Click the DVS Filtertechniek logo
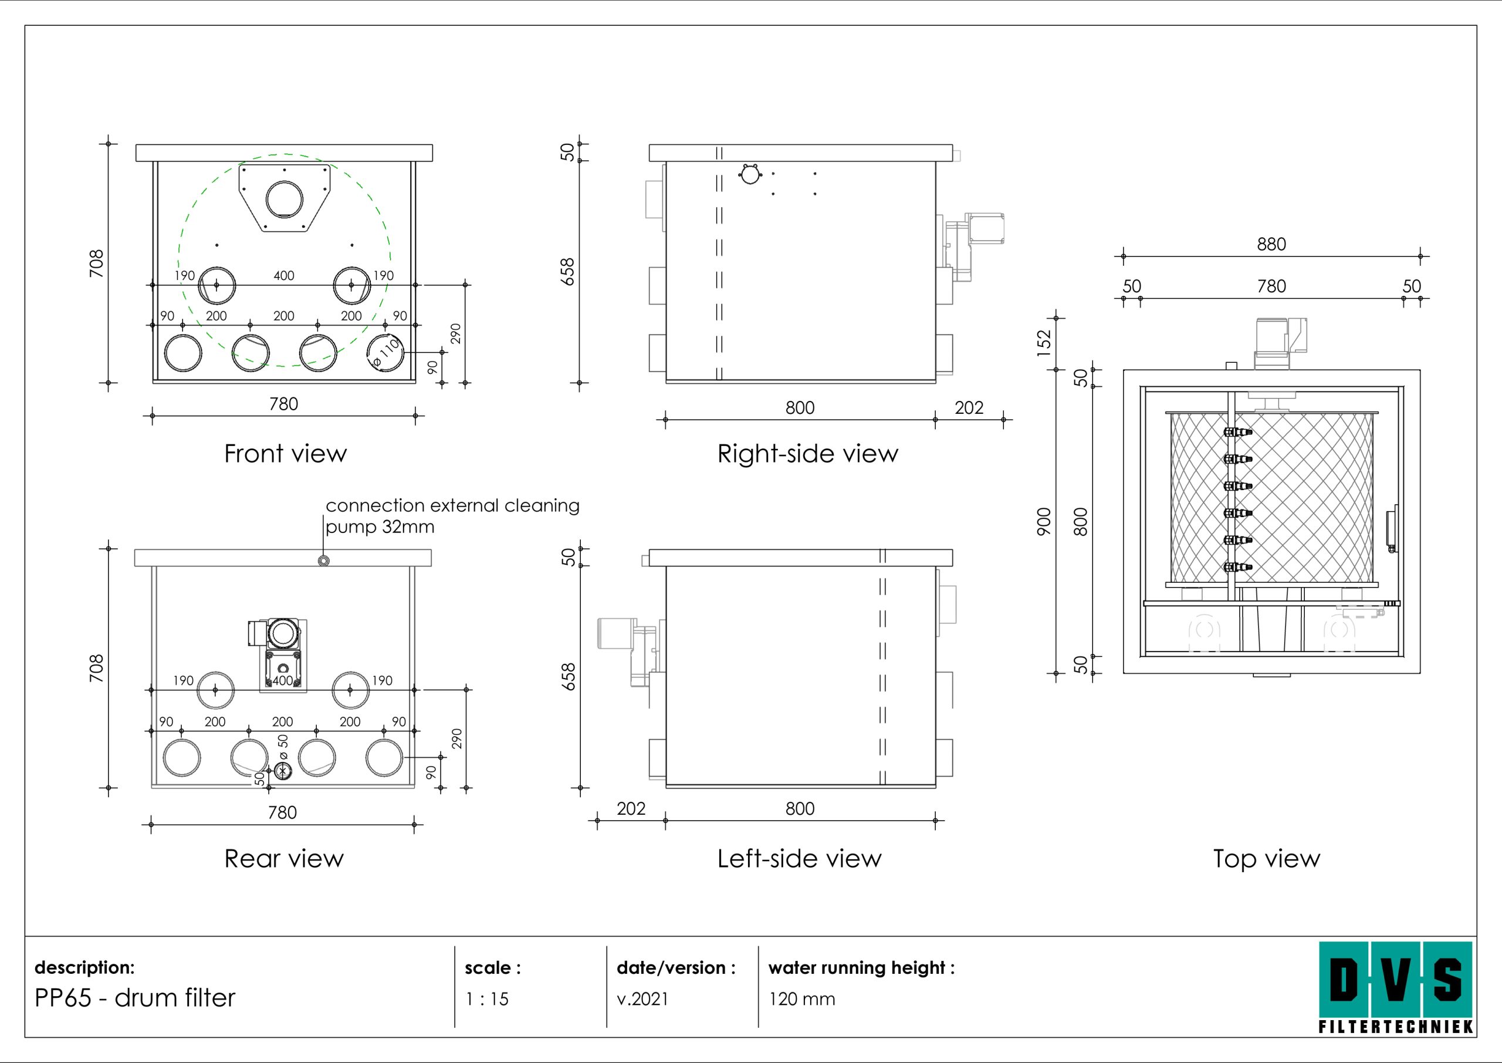[1395, 987]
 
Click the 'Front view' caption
[285, 454]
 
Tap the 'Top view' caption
[1267, 858]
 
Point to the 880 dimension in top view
[1271, 244]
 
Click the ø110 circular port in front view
[385, 352]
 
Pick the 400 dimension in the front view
[284, 275]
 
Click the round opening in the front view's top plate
[285, 198]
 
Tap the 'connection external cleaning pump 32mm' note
[451, 516]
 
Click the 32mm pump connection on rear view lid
[323, 561]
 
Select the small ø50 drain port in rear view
[283, 771]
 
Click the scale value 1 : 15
[487, 999]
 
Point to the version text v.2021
[642, 999]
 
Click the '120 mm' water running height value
[802, 999]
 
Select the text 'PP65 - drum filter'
[135, 997]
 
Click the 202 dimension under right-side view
[969, 408]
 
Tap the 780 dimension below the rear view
[283, 812]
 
